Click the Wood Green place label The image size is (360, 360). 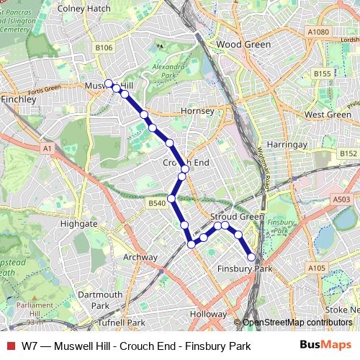click(243, 45)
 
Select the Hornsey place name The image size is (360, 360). click(197, 112)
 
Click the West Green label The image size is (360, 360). click(328, 114)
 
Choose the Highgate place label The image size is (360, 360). click(79, 224)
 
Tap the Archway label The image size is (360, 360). click(140, 257)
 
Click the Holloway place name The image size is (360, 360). click(208, 315)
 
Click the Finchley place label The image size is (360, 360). click(19, 99)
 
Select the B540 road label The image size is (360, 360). click(156, 204)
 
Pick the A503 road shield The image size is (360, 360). click(342, 199)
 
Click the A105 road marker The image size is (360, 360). click(316, 268)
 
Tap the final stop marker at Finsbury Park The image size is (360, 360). click(251, 257)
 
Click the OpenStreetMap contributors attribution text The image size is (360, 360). click(298, 323)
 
